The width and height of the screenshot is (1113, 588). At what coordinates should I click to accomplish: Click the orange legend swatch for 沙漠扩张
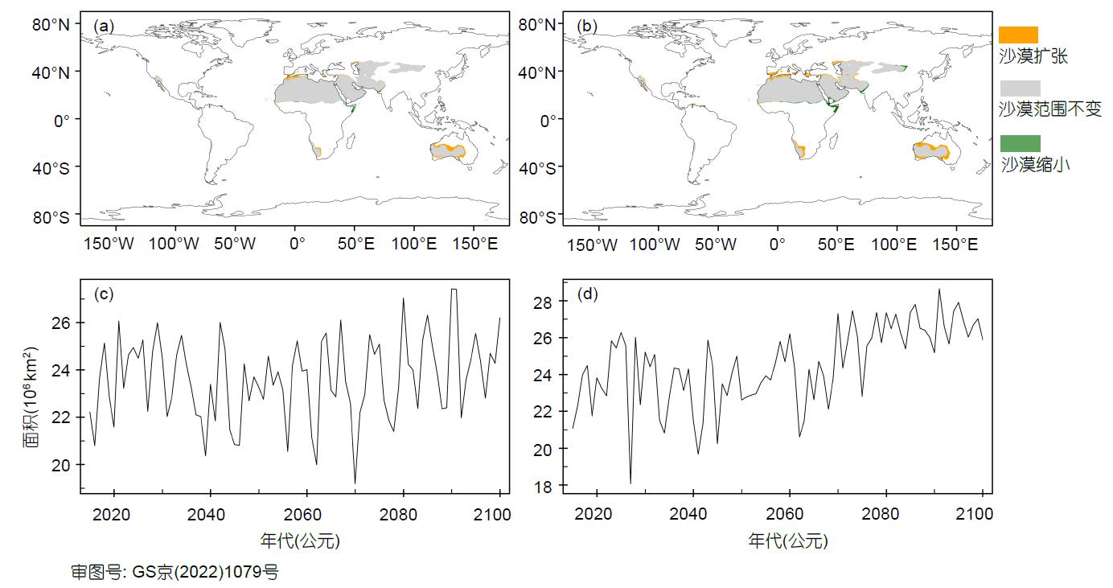[x=1018, y=35]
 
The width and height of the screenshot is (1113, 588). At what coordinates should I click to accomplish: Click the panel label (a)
[x=105, y=26]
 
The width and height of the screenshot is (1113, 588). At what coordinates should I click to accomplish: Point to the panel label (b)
[x=588, y=26]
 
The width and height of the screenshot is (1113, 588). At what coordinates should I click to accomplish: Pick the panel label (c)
[x=105, y=294]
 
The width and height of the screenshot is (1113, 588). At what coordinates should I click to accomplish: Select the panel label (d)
[x=588, y=294]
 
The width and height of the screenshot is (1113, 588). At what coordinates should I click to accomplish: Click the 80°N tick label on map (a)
[x=51, y=24]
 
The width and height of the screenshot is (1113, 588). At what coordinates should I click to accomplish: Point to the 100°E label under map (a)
[x=415, y=245]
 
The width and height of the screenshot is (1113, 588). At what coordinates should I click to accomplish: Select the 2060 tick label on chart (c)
[x=306, y=515]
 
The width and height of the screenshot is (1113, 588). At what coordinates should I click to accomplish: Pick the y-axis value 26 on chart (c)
[x=63, y=323]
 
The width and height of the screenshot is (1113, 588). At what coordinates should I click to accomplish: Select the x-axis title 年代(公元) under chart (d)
[x=787, y=541]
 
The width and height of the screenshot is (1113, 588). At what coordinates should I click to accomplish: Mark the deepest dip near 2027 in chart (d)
[x=630, y=483]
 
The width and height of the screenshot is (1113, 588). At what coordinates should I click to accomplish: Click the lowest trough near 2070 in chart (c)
[x=355, y=483]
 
